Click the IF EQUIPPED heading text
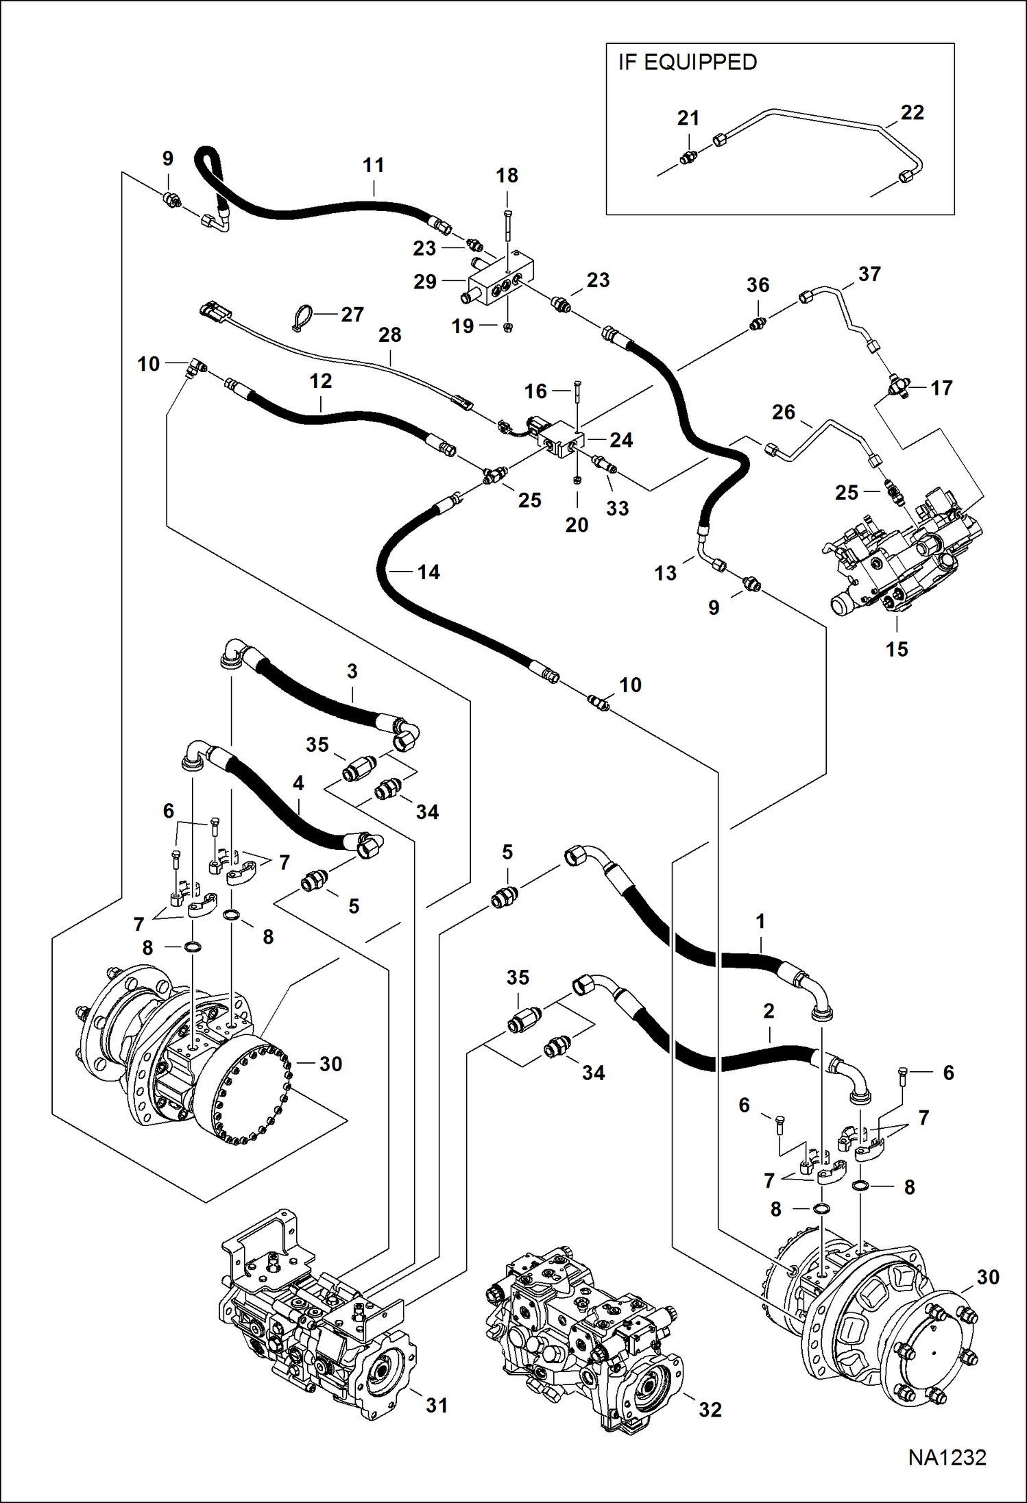pos(687,62)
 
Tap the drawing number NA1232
pos(947,1457)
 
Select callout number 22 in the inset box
pos(912,112)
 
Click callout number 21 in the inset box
pos(688,118)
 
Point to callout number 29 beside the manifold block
pos(425,281)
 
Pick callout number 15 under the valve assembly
pos(896,649)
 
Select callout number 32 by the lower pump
pos(710,1409)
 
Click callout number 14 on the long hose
pos(428,572)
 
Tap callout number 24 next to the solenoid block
pos(621,440)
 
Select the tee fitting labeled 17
pos(898,388)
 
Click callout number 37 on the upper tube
pos(869,274)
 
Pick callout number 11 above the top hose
pos(373,165)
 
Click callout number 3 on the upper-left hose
pos(352,671)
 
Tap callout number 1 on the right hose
pos(760,922)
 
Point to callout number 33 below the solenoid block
pos(617,508)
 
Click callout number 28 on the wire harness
pos(389,334)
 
